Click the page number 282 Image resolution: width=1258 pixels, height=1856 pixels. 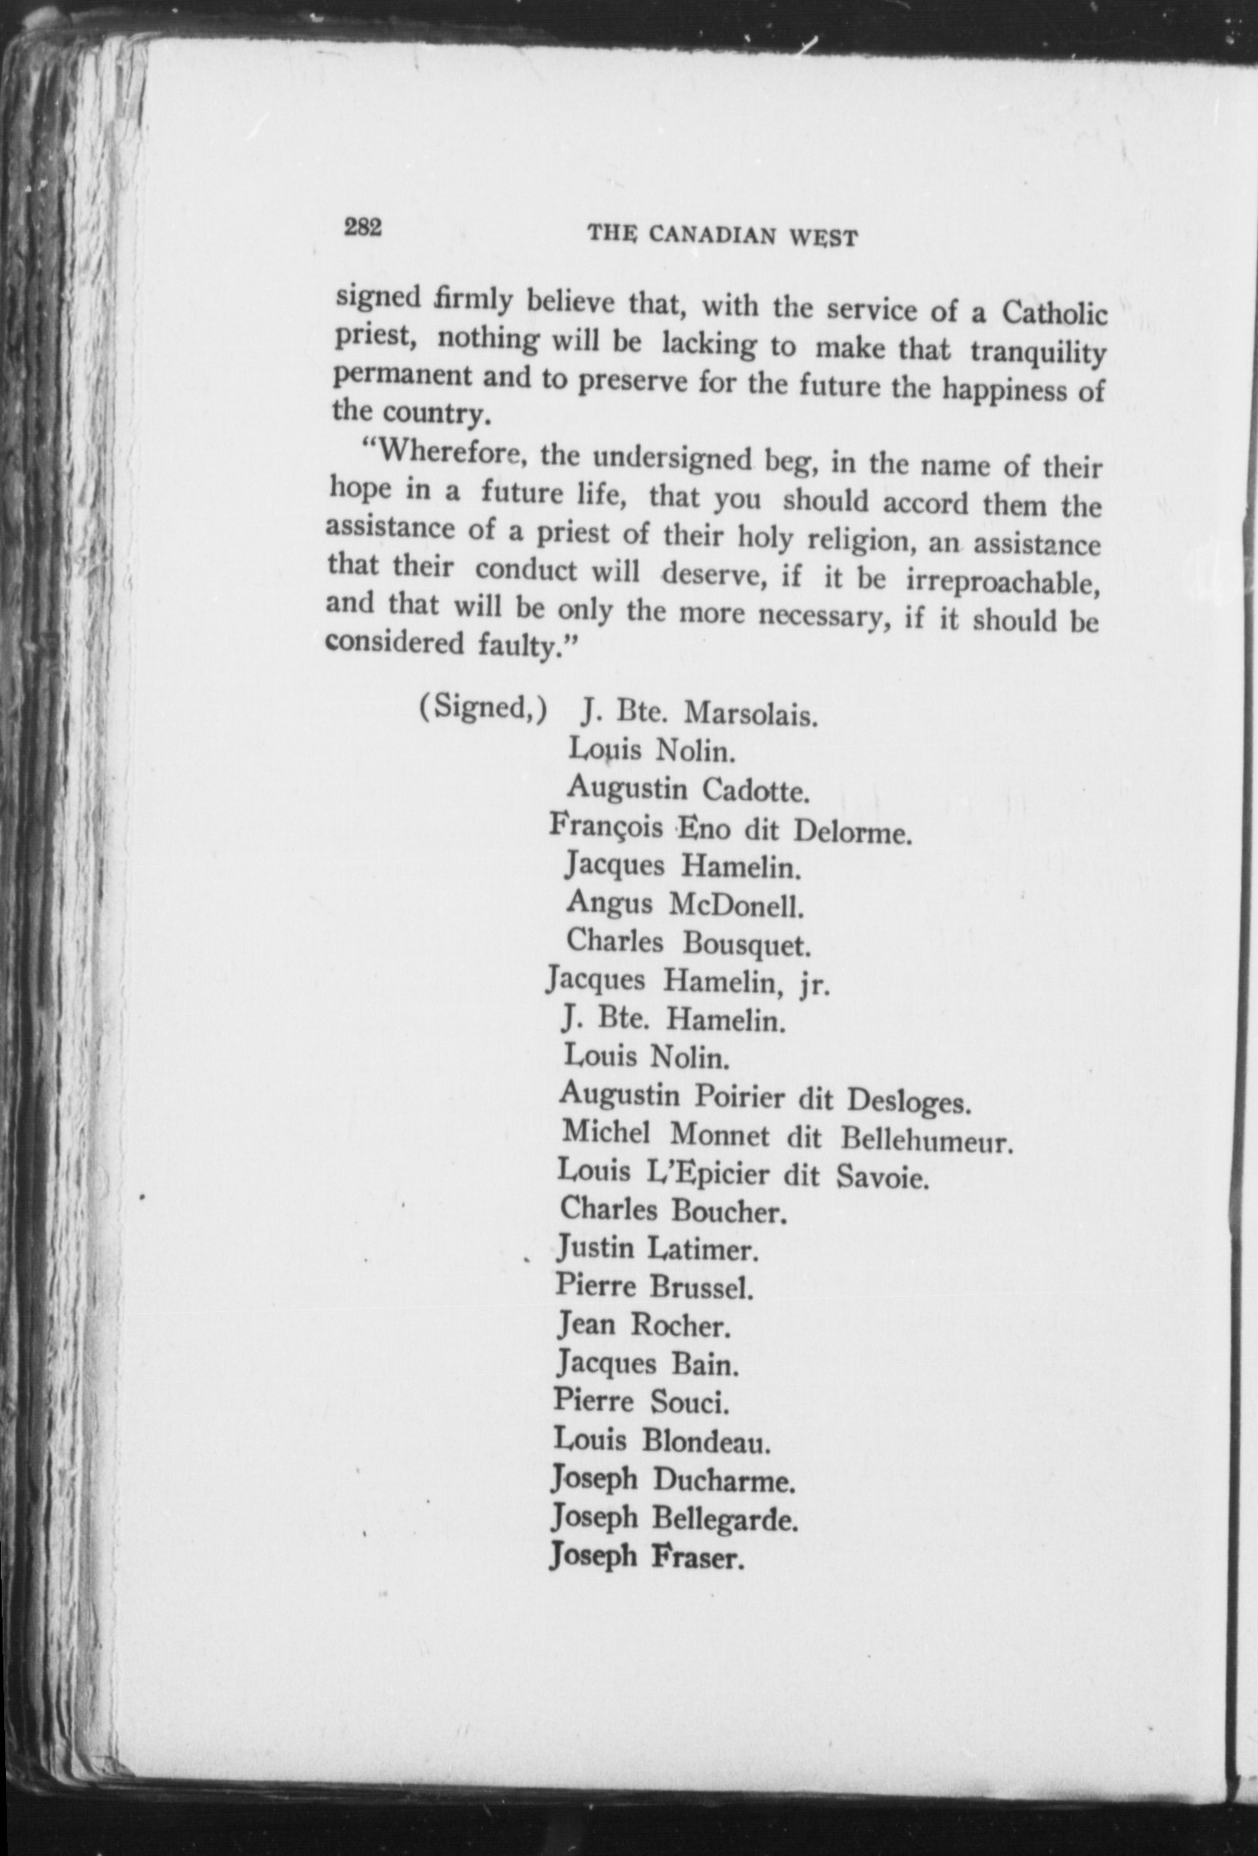click(x=363, y=229)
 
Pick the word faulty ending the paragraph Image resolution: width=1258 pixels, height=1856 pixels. click(x=522, y=644)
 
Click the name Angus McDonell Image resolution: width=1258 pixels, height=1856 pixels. click(x=685, y=904)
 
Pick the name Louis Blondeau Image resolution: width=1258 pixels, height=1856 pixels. click(x=661, y=1440)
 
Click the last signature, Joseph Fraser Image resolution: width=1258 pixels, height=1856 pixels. click(x=646, y=1556)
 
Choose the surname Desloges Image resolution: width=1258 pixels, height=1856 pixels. click(x=908, y=1102)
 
